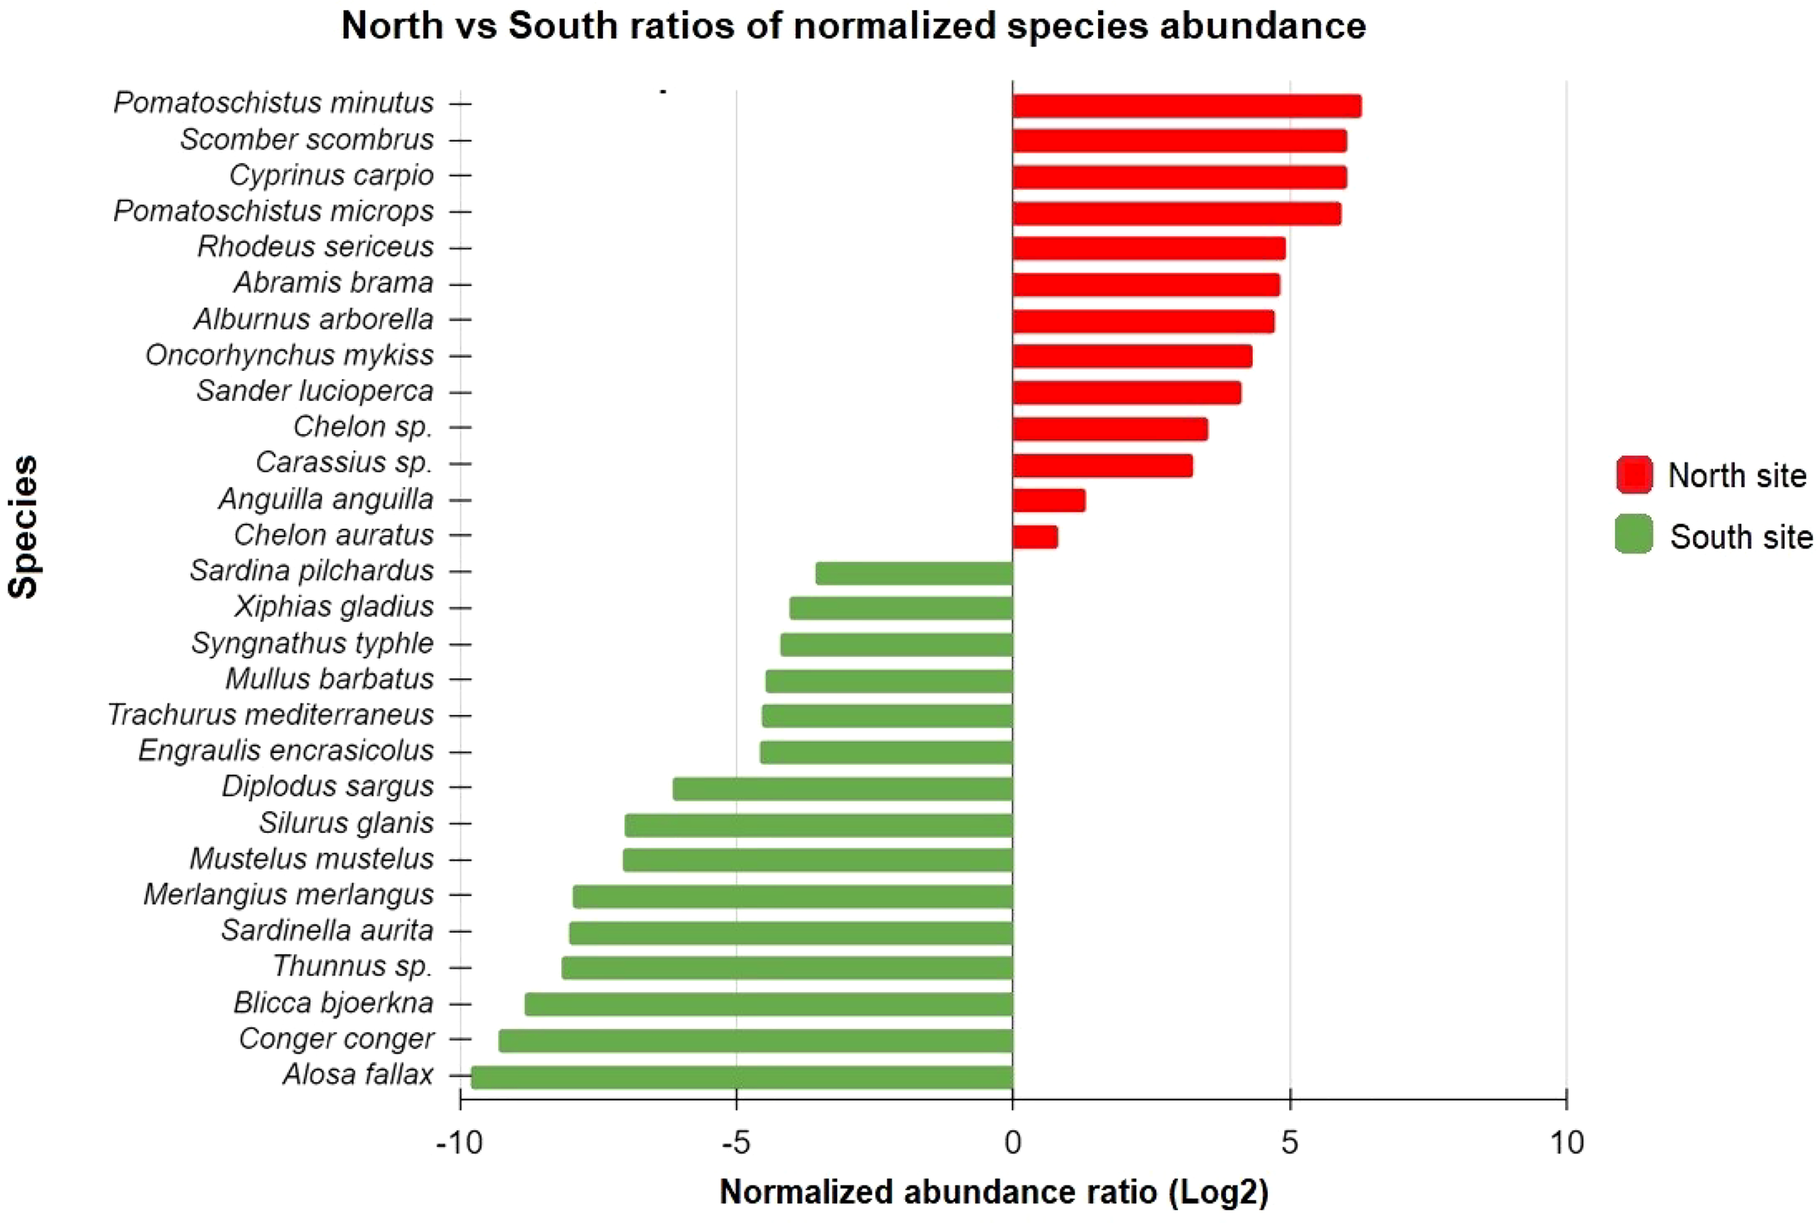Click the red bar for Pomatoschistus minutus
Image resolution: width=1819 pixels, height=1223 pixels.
click(x=1186, y=106)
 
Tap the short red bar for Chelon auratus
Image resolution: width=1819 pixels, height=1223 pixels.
click(x=1035, y=537)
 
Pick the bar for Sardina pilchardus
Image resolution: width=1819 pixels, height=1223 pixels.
click(x=914, y=573)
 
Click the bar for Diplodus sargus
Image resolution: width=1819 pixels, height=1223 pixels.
click(x=843, y=789)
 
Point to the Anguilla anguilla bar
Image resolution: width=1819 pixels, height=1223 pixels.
click(x=1048, y=501)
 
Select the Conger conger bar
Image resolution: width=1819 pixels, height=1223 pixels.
click(x=755, y=1040)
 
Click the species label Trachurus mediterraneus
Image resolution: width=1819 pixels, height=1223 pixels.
click(x=270, y=714)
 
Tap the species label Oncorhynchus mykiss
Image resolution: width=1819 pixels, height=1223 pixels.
click(x=290, y=355)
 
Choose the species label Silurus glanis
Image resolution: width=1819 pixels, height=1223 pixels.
click(x=346, y=822)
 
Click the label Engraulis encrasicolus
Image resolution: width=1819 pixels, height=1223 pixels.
click(x=285, y=750)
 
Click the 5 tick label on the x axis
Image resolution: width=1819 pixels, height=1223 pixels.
click(x=1289, y=1143)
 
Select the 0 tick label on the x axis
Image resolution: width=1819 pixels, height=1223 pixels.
click(x=1013, y=1143)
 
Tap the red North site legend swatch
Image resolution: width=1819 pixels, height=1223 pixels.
click(x=1634, y=475)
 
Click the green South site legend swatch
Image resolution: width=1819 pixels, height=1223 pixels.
click(x=1634, y=535)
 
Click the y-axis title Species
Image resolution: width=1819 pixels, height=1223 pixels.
click(x=23, y=527)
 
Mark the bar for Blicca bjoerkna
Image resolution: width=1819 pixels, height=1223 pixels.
click(x=768, y=1005)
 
